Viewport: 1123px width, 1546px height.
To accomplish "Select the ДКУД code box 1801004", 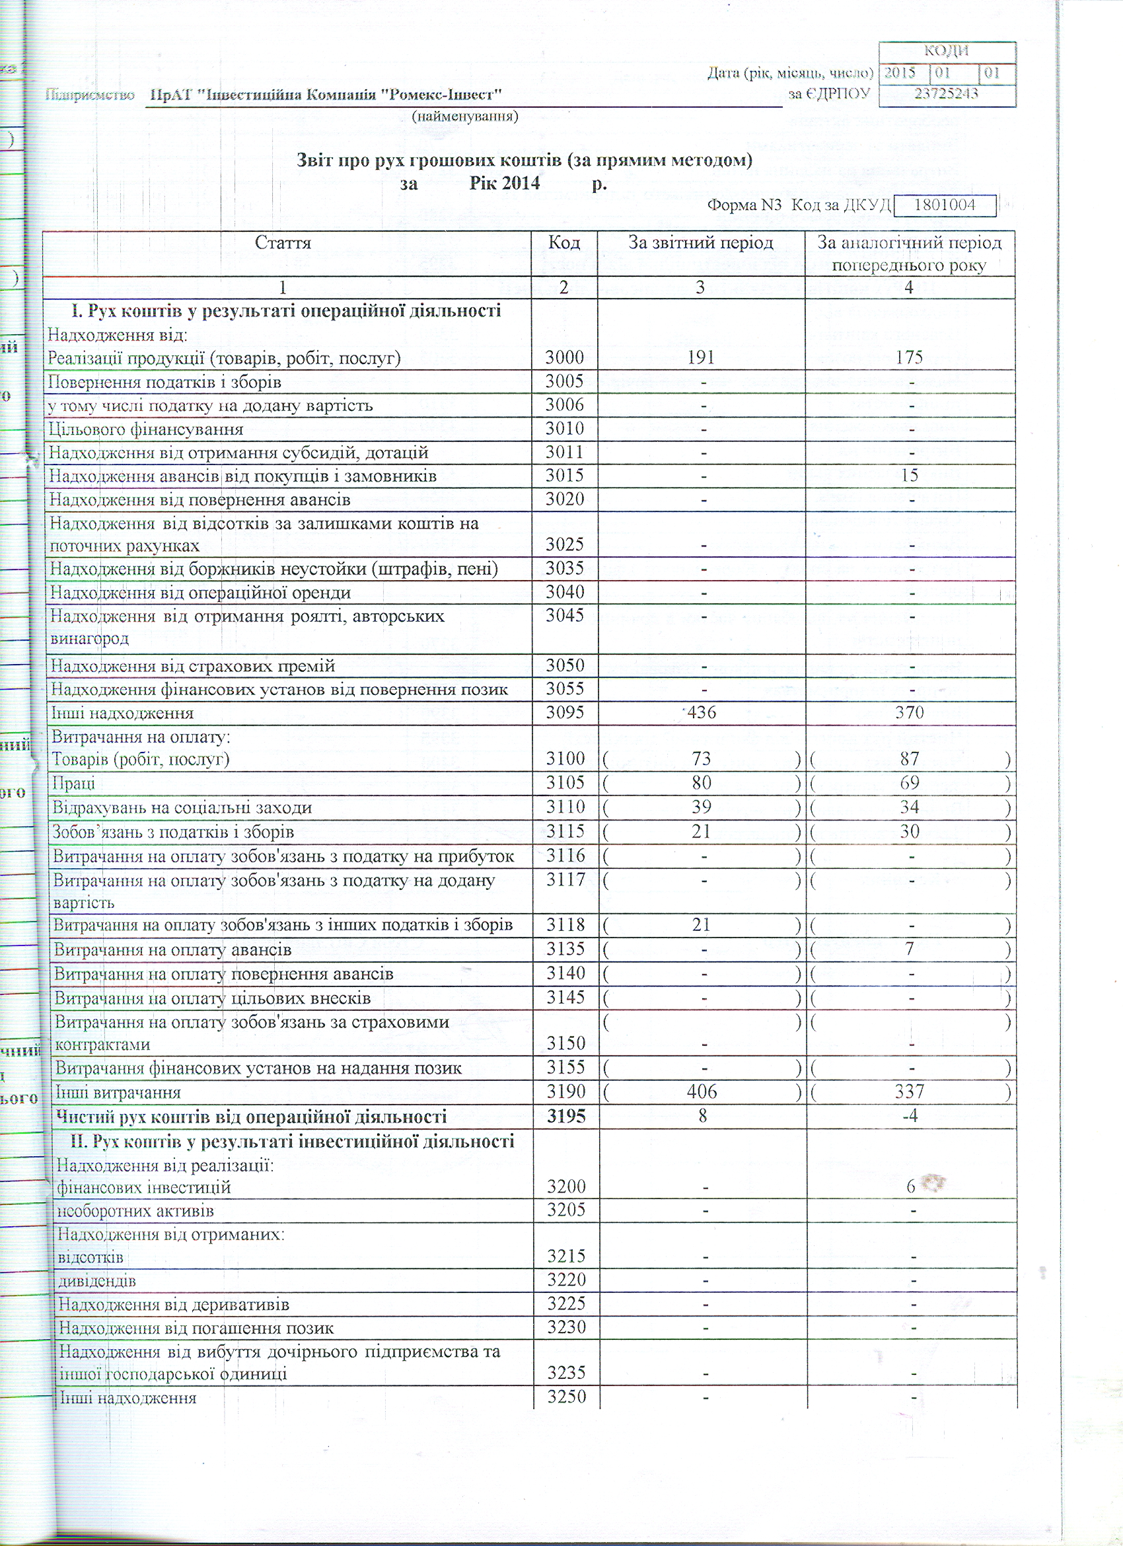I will tap(945, 205).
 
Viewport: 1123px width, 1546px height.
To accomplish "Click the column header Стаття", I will tap(283, 242).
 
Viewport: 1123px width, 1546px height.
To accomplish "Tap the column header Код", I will tap(563, 242).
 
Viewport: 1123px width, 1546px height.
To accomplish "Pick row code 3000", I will tap(564, 358).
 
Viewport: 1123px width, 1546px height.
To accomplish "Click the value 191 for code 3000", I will tap(700, 358).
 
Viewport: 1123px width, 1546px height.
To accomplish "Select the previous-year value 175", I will tap(909, 358).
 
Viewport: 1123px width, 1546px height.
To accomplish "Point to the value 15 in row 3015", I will tap(910, 475).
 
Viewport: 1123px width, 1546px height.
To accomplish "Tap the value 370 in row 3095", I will tap(909, 712).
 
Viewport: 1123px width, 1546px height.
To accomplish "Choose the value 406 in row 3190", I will tap(702, 1091).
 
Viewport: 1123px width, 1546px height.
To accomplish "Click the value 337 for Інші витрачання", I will tap(910, 1091).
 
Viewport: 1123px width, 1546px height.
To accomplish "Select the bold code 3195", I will tap(566, 1116).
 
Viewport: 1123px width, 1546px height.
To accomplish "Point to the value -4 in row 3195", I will tap(910, 1116).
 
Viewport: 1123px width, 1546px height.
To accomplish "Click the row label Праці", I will tap(73, 783).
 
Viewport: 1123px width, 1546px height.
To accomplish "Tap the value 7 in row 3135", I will tap(910, 949).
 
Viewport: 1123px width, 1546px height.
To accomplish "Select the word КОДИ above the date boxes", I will tap(947, 51).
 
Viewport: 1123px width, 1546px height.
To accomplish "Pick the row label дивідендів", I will tap(96, 1281).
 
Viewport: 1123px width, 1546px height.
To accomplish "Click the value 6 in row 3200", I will tap(910, 1187).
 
